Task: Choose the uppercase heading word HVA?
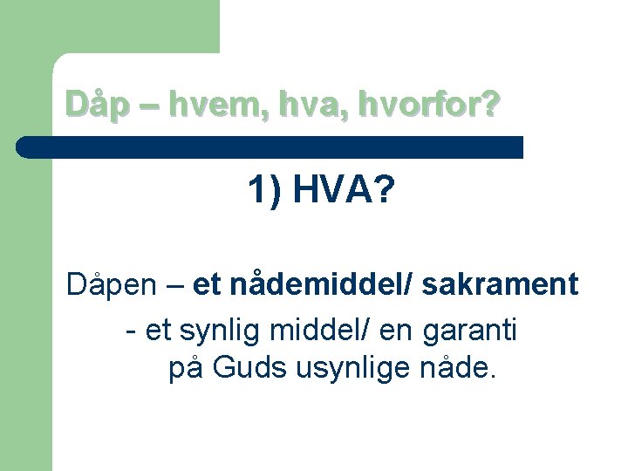point(344,191)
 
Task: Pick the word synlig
point(222,331)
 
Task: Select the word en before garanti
point(400,331)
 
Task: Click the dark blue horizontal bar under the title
point(279,147)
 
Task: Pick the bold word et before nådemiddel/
point(207,284)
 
